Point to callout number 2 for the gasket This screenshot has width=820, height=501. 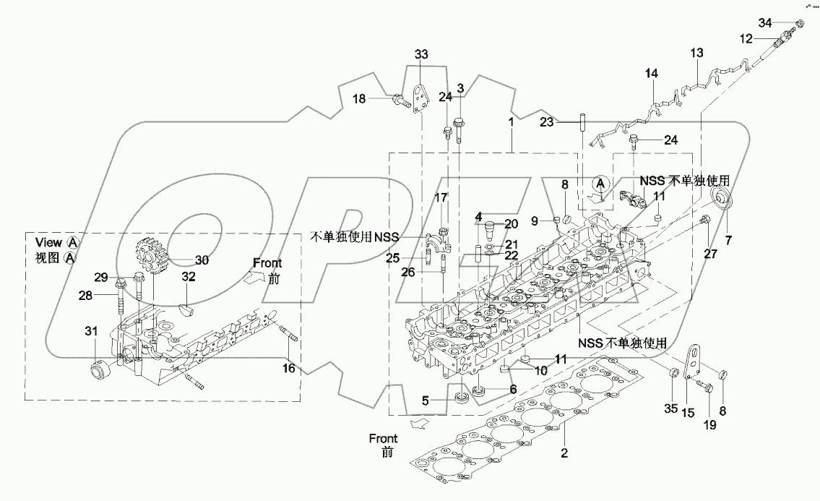[565, 454]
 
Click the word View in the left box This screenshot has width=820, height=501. [48, 244]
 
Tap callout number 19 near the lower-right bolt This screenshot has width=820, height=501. [709, 425]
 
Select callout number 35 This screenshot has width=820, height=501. [670, 409]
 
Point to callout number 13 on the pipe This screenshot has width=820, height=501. [696, 53]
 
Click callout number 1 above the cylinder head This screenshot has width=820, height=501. [511, 123]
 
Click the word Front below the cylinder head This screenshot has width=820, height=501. [383, 438]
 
